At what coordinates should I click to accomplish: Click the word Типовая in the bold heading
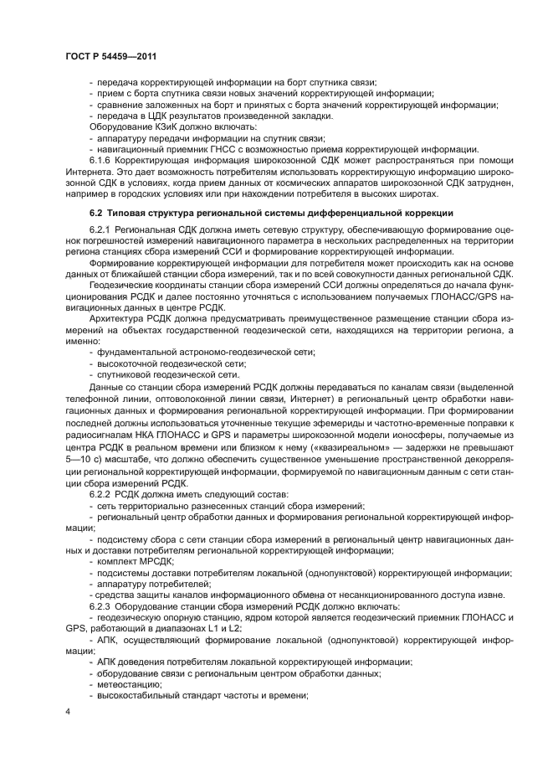128,213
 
